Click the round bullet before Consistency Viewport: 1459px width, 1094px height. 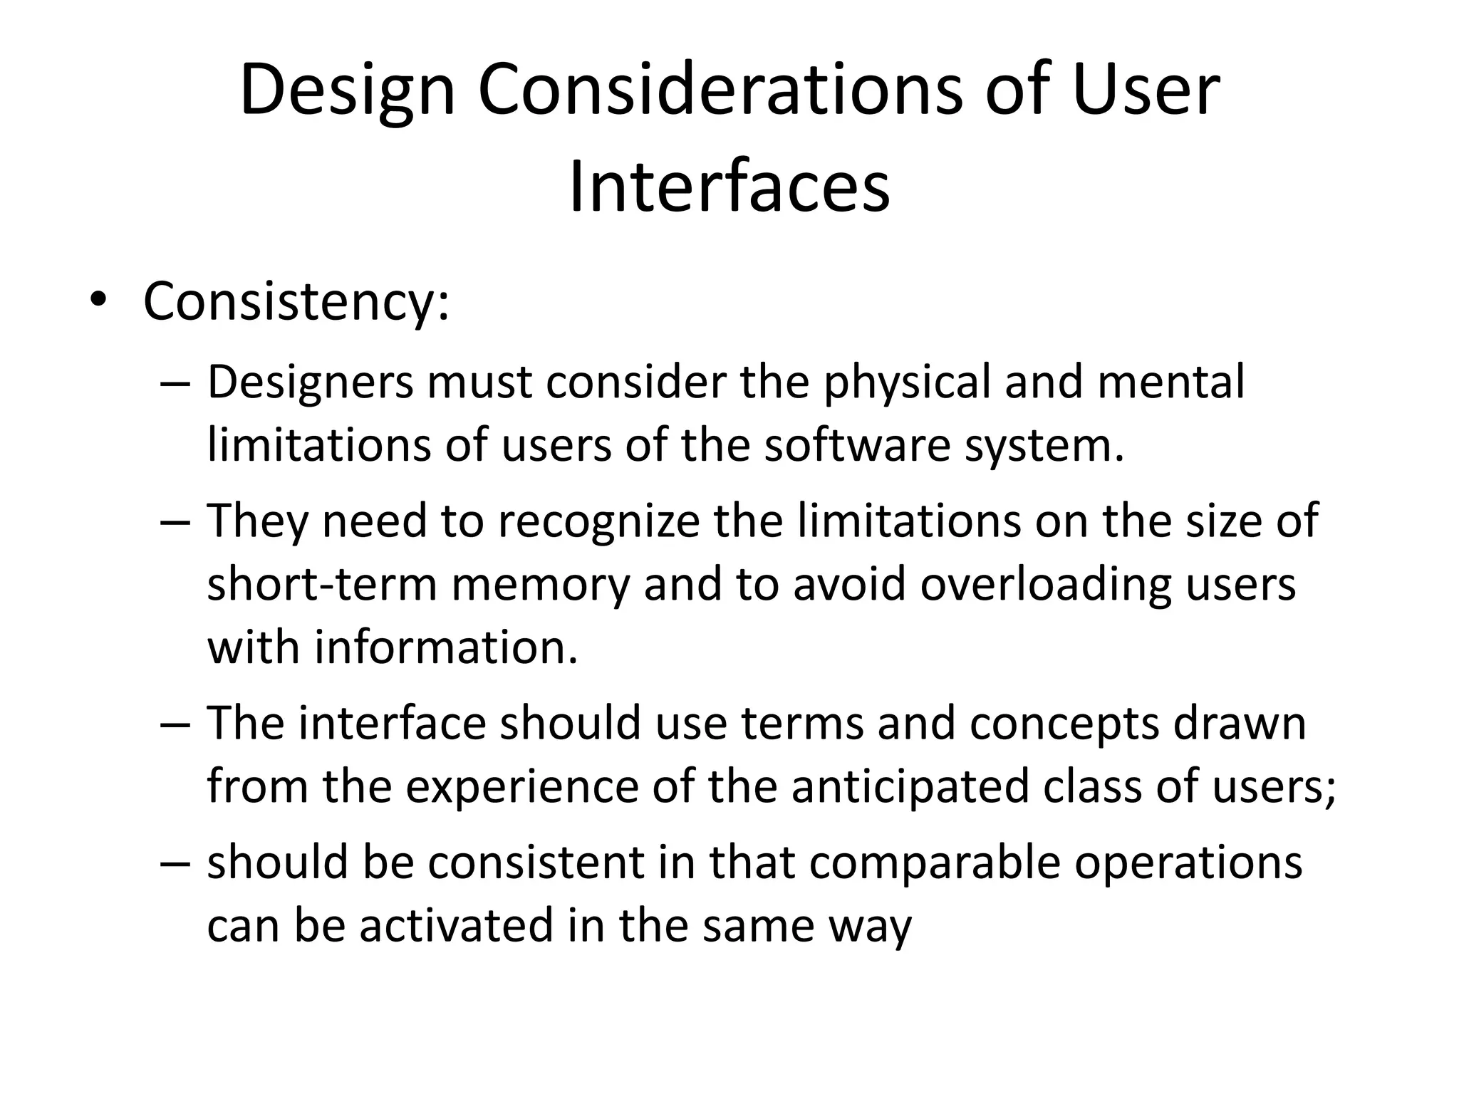click(97, 301)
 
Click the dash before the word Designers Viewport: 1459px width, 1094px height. click(175, 383)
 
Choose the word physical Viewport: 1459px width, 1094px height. click(907, 383)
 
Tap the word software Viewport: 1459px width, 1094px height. click(858, 445)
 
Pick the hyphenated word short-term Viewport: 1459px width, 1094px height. click(322, 585)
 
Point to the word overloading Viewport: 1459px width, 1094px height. click(1045, 585)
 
